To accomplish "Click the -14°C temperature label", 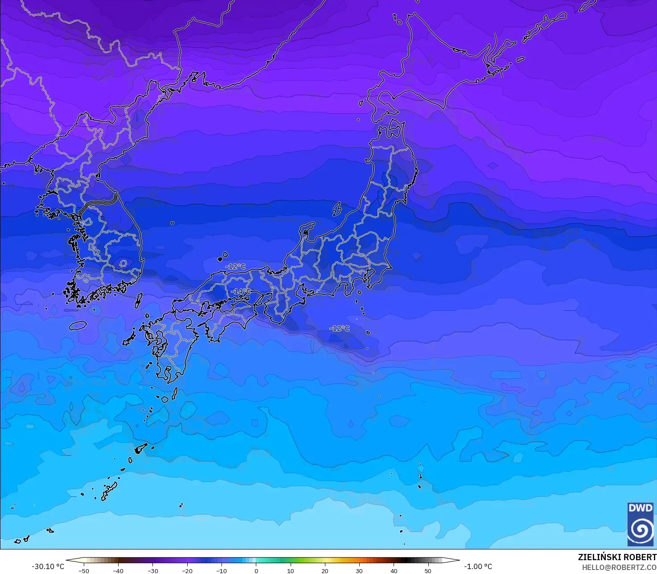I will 241,291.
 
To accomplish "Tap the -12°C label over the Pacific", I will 340,328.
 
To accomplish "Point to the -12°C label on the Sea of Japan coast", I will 235,266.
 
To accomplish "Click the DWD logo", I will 641,524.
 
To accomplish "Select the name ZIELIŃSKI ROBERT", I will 617,557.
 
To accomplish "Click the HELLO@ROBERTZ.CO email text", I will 619,567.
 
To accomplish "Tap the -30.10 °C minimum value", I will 48,566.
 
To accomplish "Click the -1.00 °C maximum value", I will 478,566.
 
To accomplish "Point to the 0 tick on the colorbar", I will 256,571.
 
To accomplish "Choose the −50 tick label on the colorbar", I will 84,571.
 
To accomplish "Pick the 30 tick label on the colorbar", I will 359,571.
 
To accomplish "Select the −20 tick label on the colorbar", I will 187,571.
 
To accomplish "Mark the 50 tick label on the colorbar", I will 428,571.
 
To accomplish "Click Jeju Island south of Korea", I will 78,325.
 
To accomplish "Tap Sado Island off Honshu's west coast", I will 337,209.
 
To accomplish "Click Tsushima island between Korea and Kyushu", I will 139,300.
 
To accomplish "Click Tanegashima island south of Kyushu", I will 174,393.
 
